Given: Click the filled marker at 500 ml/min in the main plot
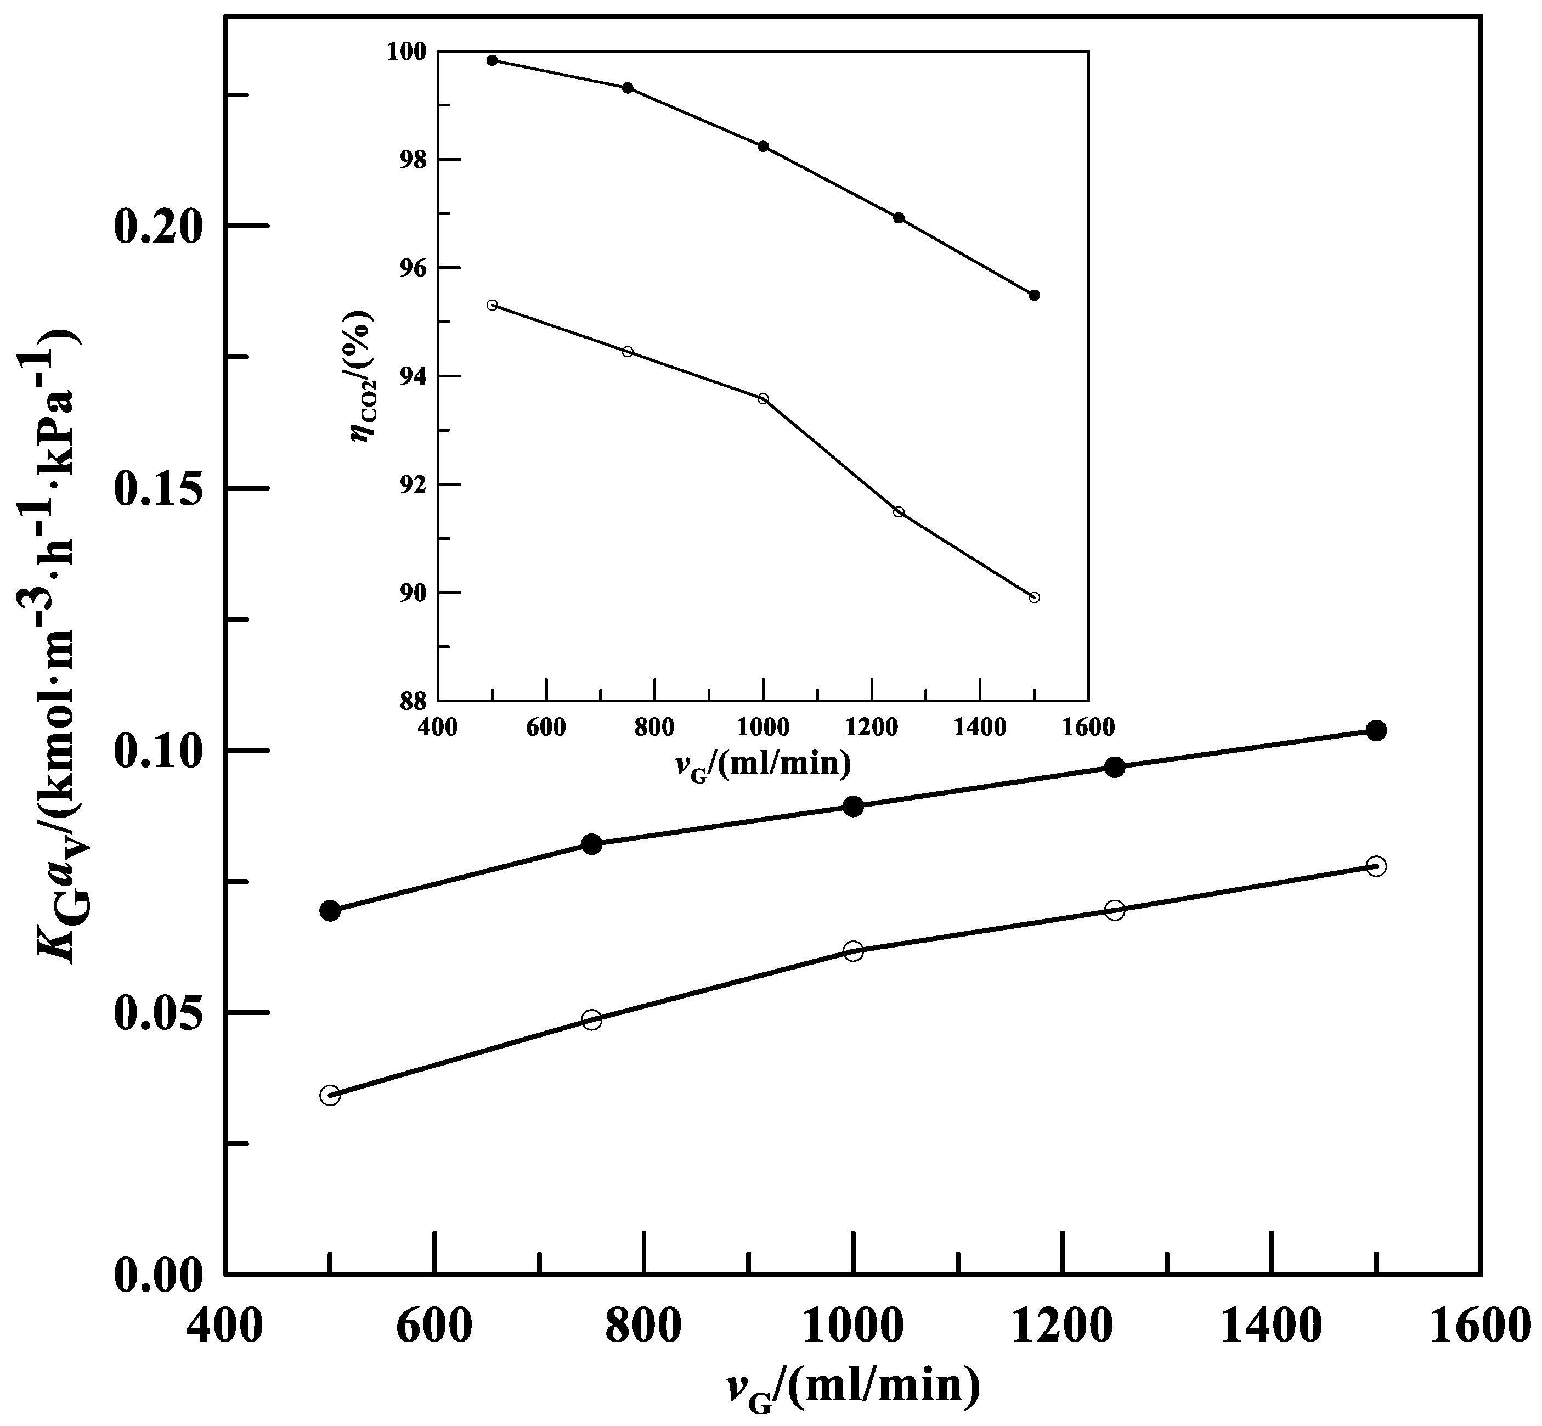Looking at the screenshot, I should (330, 911).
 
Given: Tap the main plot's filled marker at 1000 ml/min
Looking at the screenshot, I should (853, 807).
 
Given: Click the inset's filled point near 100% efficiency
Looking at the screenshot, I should (492, 60).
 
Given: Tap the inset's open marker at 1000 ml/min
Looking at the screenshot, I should (763, 398).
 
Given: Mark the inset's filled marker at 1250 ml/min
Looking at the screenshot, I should (899, 218).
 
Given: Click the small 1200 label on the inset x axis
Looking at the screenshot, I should (871, 728).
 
